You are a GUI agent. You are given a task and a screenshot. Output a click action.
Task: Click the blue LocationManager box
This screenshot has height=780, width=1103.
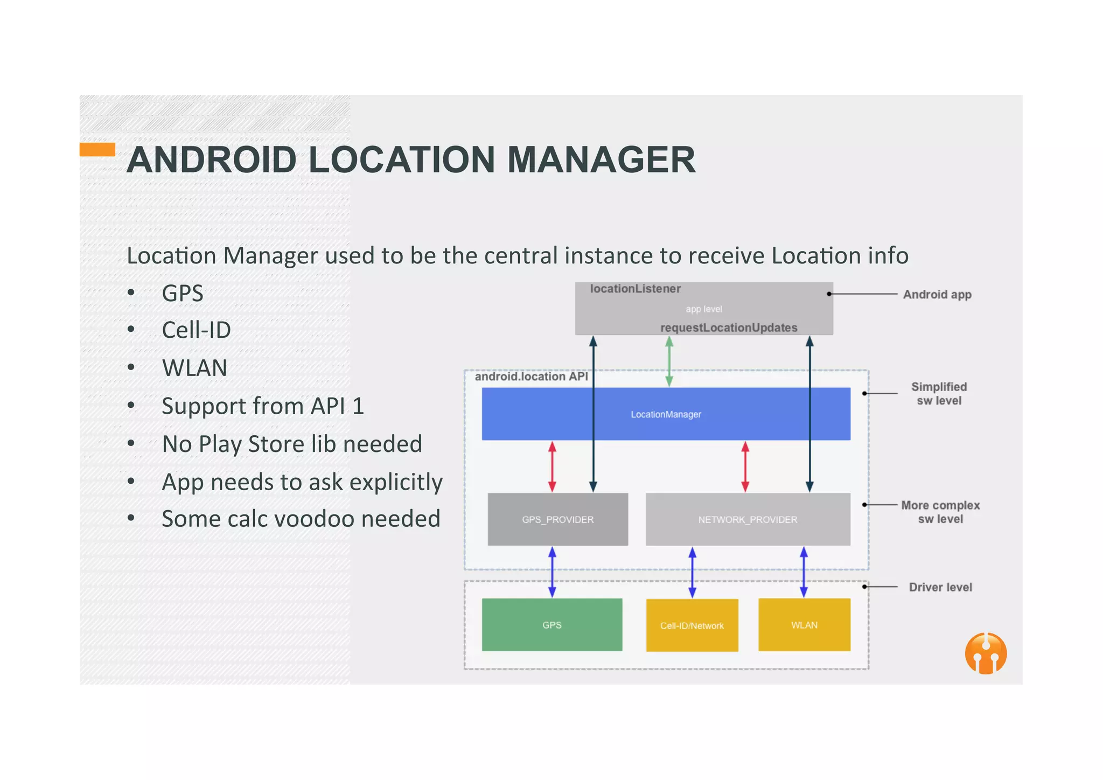666,414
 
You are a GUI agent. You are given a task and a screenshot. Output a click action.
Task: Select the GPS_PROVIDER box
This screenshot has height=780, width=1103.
557,519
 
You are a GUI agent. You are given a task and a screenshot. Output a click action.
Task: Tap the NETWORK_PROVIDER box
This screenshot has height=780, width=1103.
748,519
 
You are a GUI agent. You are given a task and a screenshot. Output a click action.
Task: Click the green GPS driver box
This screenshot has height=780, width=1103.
551,625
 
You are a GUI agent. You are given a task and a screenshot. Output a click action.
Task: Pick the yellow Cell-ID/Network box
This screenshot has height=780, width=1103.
692,625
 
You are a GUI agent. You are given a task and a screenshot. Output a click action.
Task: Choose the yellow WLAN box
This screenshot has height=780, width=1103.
804,625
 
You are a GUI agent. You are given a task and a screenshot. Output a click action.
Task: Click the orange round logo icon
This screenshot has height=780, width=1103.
986,653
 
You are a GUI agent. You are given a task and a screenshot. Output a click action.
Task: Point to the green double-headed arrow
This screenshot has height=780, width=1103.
669,361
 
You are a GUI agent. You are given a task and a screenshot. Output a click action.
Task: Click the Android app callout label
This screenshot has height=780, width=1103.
937,295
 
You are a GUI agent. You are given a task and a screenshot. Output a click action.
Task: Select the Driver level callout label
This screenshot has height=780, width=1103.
940,587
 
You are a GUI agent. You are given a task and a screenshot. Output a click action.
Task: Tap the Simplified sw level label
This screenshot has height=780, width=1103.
939,394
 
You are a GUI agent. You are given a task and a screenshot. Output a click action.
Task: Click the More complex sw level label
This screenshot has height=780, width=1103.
940,512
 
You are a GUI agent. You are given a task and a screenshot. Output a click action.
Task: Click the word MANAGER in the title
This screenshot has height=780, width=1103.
601,160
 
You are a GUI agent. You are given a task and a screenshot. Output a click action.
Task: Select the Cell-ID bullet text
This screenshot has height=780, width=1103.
196,330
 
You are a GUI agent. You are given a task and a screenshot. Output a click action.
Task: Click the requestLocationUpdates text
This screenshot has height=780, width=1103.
728,328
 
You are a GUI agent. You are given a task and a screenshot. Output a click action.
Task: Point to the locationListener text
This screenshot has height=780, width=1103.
635,289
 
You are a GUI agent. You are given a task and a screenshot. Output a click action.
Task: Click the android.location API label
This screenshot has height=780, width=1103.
531,377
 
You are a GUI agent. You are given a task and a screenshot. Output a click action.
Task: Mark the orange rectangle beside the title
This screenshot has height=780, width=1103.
97,149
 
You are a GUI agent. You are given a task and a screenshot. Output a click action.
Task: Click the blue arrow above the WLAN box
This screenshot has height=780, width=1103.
804,572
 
